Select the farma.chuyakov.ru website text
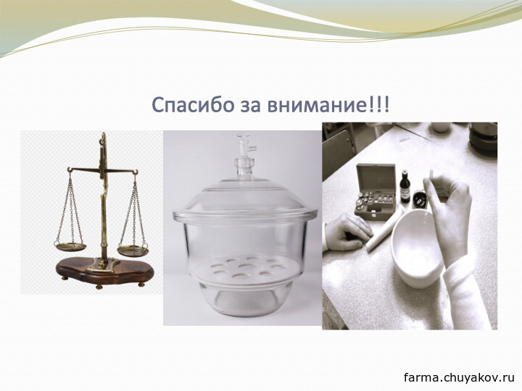click(x=460, y=377)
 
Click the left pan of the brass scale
click(x=70, y=247)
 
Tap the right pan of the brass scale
click(x=133, y=251)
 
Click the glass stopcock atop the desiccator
click(x=245, y=156)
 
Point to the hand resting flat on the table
click(x=347, y=232)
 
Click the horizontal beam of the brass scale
click(x=103, y=171)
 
